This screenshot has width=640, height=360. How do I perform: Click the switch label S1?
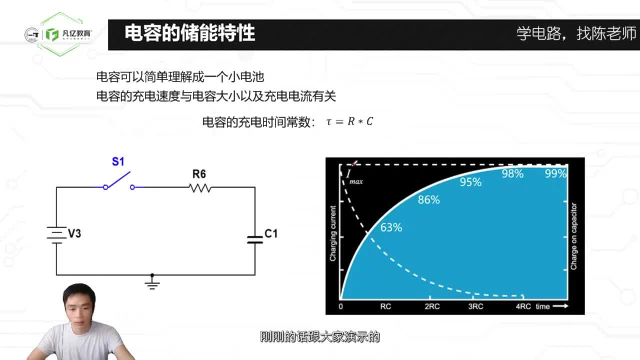coord(118,161)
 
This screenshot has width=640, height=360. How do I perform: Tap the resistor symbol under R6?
coord(200,188)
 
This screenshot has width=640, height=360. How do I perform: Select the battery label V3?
coord(74,233)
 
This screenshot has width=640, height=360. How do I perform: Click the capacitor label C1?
coord(271,233)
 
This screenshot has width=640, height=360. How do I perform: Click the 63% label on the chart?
coord(391,227)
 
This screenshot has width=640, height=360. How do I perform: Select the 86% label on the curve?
coord(428,200)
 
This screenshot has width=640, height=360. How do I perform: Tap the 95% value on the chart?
coord(470,182)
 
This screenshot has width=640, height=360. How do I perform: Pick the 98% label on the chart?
coord(512,174)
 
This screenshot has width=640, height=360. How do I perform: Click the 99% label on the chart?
coord(555,174)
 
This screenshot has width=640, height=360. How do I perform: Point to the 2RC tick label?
coord(432,306)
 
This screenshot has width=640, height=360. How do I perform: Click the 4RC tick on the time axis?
coord(523,306)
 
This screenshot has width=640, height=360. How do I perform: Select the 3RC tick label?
coord(475,306)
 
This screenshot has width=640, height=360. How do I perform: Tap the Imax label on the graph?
coord(353,176)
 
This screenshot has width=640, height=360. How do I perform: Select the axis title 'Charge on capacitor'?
coord(574,236)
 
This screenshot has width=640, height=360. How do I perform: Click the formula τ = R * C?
coord(349,121)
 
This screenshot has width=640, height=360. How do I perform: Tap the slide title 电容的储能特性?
coord(190,33)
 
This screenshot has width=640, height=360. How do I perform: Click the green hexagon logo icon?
coord(52,34)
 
